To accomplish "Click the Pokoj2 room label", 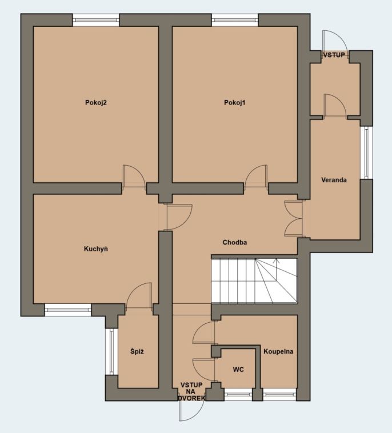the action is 96,103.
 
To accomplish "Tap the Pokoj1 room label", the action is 234,103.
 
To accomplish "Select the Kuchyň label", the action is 96,249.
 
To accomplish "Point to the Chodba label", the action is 235,242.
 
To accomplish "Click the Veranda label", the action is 334,180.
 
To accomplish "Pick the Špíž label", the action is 137,351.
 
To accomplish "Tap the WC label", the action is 238,370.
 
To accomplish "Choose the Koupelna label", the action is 278,351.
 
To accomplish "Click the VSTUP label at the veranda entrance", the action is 334,55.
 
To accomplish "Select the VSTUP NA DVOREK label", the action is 191,391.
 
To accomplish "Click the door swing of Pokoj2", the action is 134,177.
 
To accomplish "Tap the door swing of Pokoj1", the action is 256,177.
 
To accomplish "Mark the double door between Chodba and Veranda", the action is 294,218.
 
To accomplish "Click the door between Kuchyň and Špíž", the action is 139,295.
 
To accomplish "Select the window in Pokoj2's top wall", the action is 96,20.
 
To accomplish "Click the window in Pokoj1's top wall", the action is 235,20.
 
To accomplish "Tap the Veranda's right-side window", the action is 367,153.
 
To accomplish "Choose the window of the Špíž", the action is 111,351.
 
